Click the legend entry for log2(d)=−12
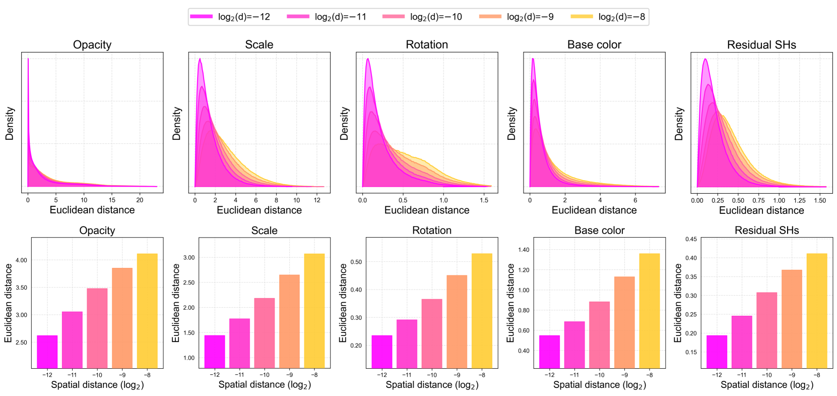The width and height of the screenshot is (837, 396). tap(230, 17)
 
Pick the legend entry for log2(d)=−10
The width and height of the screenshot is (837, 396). tap(422, 17)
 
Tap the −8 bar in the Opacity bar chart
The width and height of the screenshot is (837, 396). tap(147, 311)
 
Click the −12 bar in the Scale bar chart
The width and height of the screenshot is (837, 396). tap(215, 351)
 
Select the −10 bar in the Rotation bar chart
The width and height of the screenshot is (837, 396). tap(432, 333)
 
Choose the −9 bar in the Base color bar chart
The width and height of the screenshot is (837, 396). tap(624, 322)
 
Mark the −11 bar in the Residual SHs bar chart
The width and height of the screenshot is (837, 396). tap(742, 342)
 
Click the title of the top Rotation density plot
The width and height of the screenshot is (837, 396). tap(427, 44)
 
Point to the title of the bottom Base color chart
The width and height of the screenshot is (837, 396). tap(599, 231)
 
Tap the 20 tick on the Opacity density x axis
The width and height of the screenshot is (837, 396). tap(140, 200)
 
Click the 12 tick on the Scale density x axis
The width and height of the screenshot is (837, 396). tap(317, 200)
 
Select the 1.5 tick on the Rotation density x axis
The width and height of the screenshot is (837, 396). tap(484, 200)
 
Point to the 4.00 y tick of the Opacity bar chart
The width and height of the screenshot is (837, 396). tap(21, 260)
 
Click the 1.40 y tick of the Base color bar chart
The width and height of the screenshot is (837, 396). tap(524, 250)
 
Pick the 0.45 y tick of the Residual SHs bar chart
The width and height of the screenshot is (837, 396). tap(691, 239)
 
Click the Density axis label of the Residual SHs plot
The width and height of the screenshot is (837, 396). tap(679, 123)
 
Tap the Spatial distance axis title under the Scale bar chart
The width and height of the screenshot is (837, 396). tap(265, 385)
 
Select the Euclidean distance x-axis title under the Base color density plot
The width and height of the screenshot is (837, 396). tap(594, 210)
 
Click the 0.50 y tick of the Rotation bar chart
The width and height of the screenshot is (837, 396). tap(356, 262)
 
